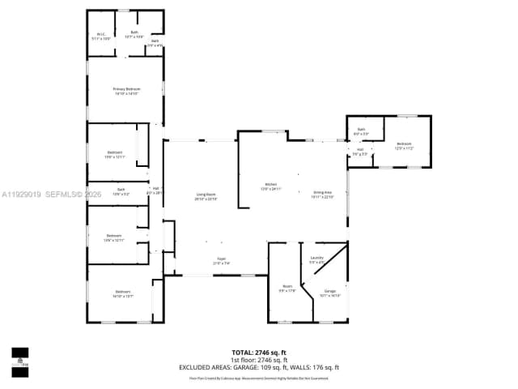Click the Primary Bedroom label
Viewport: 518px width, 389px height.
click(x=125, y=91)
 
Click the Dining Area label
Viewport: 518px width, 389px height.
click(x=323, y=194)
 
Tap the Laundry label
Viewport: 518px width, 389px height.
click(x=316, y=259)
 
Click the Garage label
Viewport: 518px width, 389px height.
click(x=329, y=293)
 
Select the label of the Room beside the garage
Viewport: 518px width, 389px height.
click(x=287, y=288)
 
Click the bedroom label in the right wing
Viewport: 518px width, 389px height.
click(x=404, y=147)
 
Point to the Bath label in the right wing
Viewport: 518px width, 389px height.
click(x=362, y=131)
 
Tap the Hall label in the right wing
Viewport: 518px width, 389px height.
click(x=359, y=152)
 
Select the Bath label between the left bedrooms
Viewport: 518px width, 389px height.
click(x=121, y=192)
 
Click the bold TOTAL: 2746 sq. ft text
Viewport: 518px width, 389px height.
click(x=258, y=353)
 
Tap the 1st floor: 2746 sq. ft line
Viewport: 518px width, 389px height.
click(x=258, y=360)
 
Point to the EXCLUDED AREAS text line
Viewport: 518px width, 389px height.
click(x=258, y=367)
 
